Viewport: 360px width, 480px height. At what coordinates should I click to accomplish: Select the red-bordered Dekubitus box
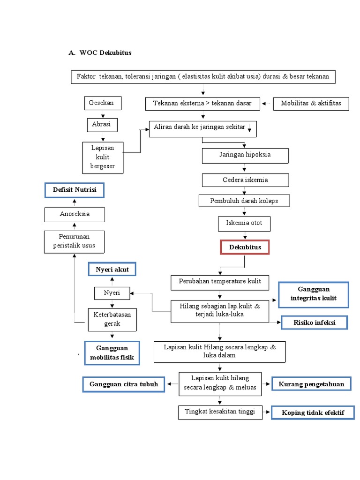tap(245, 247)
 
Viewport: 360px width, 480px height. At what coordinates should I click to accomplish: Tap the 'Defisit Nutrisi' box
tap(74, 190)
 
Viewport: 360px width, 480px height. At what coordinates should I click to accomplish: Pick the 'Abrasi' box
tap(102, 125)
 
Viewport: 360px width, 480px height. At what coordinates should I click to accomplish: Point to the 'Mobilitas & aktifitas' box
tap(311, 104)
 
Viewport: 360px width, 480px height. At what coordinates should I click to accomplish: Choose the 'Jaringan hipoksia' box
tap(245, 155)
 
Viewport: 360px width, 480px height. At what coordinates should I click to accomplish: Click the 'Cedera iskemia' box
tap(245, 180)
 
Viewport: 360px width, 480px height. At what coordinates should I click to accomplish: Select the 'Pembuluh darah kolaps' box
tap(244, 201)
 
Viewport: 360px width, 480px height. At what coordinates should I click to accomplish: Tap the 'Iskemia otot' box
tap(244, 224)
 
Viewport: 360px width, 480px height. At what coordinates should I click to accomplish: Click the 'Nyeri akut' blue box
tap(112, 270)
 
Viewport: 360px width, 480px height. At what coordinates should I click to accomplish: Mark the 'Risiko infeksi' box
tap(314, 322)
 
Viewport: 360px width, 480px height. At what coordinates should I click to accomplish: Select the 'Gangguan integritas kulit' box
tap(313, 294)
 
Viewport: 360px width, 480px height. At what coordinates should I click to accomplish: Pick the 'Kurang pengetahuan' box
tap(311, 384)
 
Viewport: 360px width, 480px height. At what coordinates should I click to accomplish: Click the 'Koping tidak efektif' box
tap(313, 412)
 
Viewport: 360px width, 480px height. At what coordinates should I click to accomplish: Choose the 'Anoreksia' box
tap(75, 214)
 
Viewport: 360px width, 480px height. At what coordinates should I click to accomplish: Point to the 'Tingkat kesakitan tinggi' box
tap(220, 412)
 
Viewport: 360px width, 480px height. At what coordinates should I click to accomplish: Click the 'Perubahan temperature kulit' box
tap(220, 283)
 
